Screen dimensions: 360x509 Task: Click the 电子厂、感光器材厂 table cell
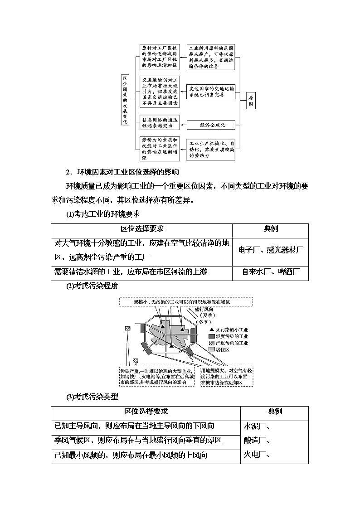[270, 250]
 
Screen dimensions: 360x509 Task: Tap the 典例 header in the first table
[270, 229]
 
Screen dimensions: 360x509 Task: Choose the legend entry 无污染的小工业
[229, 330]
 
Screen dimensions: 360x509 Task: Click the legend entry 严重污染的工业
[229, 343]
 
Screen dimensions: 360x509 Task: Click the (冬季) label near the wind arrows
[203, 321]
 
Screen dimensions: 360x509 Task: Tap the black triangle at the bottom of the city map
[172, 346]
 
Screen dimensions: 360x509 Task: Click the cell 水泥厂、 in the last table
[257, 426]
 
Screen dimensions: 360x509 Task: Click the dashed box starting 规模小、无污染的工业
[179, 301]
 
